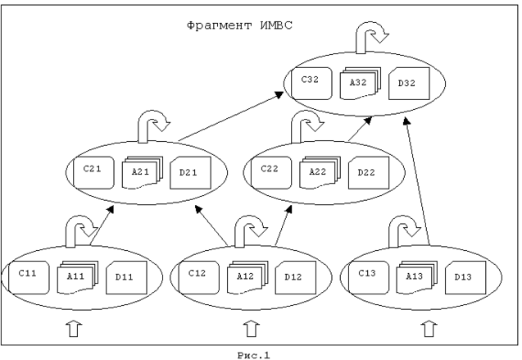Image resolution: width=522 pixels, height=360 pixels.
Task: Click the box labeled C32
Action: tap(310, 82)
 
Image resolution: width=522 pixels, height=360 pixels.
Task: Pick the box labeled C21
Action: tap(93, 170)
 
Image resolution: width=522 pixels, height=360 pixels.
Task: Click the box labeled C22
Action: tap(270, 171)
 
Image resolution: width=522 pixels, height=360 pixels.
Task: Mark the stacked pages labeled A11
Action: tap(78, 276)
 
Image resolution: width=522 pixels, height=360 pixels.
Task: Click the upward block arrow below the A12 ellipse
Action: tap(250, 329)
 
